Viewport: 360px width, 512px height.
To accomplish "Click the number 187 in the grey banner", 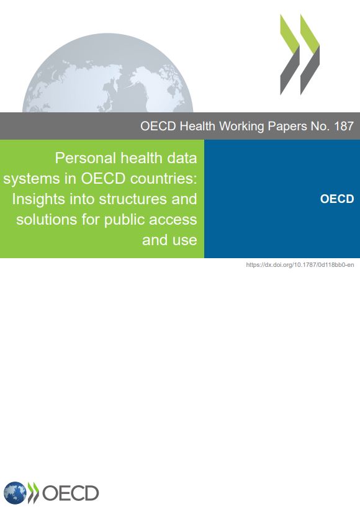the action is click(344, 126).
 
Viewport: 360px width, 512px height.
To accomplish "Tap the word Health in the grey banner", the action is click(197, 126).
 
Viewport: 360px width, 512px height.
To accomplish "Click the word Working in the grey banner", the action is click(241, 127).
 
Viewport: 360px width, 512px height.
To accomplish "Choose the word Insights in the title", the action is click(38, 199).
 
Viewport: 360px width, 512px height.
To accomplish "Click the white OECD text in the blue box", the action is click(337, 199).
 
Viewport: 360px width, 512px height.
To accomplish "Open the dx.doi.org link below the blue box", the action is click(300, 265).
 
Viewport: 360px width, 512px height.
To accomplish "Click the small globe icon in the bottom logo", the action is click(15, 493).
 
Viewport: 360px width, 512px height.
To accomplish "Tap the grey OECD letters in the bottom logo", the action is click(71, 493).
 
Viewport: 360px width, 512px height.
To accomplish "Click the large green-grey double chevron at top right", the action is click(300, 55).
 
